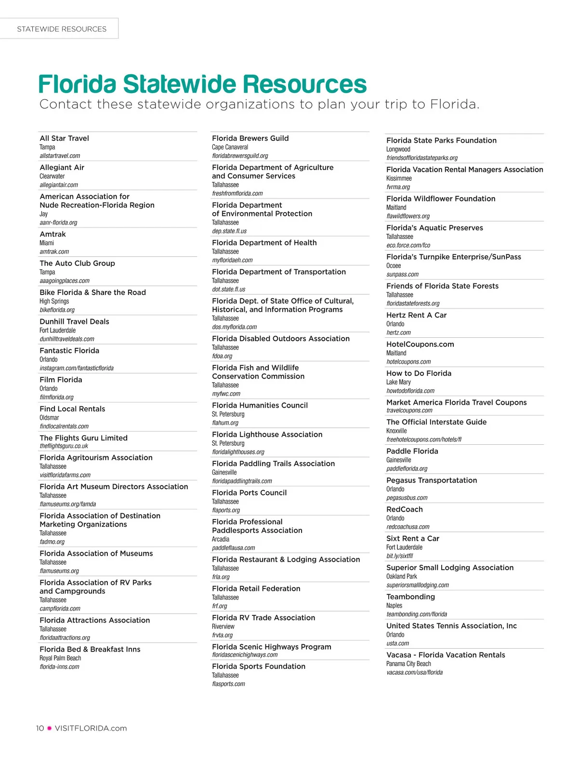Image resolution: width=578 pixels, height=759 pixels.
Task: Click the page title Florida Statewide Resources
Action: coord(202,84)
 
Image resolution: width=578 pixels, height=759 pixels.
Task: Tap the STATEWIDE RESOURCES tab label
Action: coord(62,29)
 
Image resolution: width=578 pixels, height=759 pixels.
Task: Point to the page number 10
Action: coord(40,728)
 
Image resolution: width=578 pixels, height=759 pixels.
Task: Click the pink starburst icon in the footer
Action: coord(49,728)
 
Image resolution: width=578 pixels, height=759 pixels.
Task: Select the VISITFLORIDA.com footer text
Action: coord(91,728)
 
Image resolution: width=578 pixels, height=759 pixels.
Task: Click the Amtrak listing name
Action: coord(53,234)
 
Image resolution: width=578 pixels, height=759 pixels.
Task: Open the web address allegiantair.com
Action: coord(59,185)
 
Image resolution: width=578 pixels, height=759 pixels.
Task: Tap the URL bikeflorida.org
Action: coord(57,310)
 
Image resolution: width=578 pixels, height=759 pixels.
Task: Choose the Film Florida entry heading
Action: coord(61,380)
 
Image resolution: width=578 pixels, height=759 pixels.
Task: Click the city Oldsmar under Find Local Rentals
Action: coord(49,417)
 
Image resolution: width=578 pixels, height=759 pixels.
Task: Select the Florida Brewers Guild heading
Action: coord(250,138)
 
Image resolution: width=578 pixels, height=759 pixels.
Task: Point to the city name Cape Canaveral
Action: coord(230,147)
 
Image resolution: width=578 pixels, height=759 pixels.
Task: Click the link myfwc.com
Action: coord(226,394)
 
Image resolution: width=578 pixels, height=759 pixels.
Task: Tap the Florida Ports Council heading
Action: coord(250,493)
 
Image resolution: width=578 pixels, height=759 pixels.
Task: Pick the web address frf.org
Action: coord(220,606)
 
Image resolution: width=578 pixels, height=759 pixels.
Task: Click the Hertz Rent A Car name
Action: coord(417,315)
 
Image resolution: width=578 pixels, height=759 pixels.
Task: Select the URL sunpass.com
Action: coord(403,274)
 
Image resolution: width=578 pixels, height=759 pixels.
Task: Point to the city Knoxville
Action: coord(396,431)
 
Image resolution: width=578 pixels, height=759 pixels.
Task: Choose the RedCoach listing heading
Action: coord(405,509)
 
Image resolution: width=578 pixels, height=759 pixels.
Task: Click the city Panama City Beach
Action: coord(408,664)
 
